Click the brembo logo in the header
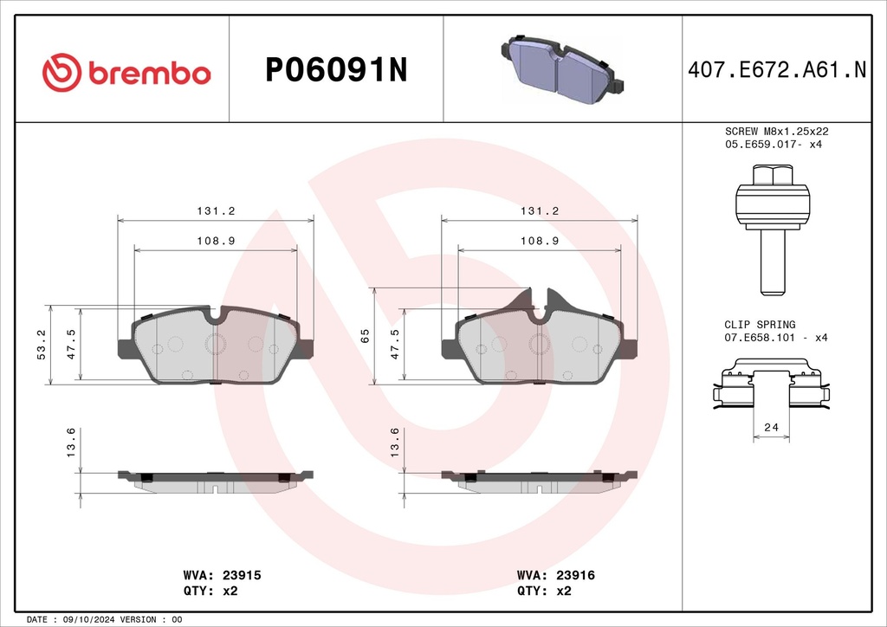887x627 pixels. click(x=126, y=73)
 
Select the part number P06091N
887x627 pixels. click(x=336, y=70)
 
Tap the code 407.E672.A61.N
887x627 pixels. click(x=777, y=69)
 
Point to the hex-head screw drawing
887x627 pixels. click(x=773, y=229)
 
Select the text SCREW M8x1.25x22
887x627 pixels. click(x=777, y=131)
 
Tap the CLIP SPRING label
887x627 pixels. click(x=760, y=325)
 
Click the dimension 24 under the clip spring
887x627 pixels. click(x=772, y=428)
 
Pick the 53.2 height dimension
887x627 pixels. click(x=42, y=345)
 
